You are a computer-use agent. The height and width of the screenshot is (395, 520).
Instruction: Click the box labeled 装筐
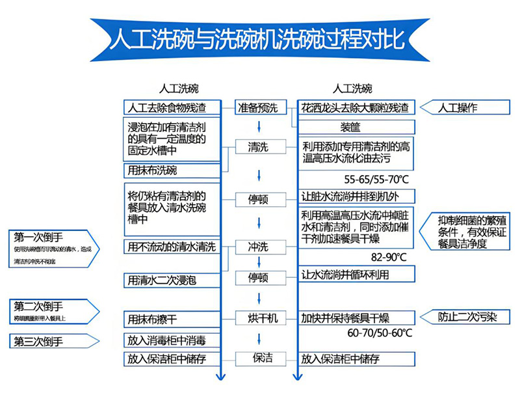(356, 126)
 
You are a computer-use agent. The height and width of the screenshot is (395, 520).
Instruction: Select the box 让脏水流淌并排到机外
(356, 197)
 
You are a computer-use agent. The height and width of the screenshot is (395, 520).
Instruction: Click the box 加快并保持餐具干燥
(356, 318)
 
